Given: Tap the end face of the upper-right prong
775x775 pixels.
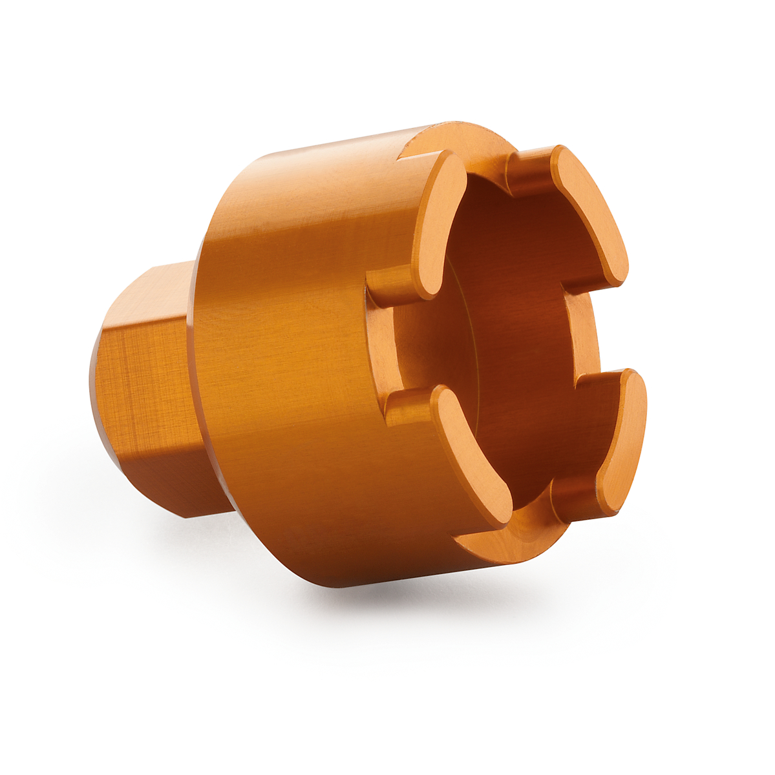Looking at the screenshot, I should point(592,213).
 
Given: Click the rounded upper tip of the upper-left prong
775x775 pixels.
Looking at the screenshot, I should point(452,161).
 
